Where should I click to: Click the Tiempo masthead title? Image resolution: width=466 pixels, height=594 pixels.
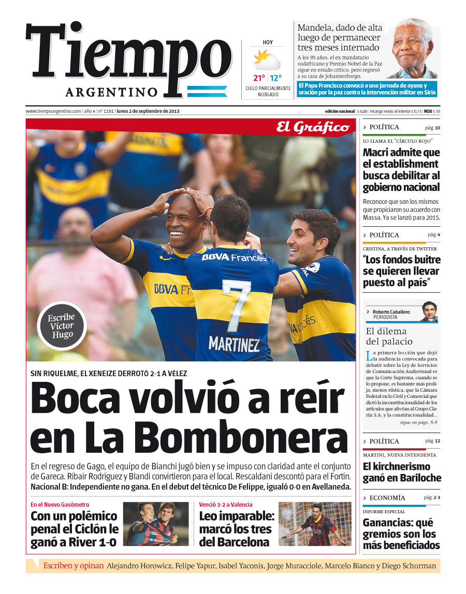coord(128,54)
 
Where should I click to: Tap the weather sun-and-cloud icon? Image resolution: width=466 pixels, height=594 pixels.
coord(267,60)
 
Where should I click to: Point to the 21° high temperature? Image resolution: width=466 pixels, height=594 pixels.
coord(259,78)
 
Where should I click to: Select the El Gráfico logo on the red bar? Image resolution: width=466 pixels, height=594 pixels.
coord(312,127)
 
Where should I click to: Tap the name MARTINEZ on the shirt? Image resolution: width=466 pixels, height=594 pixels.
coord(234,344)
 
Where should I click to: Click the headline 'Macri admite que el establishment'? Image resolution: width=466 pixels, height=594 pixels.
coord(401,158)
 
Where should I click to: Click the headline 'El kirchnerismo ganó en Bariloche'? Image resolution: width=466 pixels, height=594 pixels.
coord(402,472)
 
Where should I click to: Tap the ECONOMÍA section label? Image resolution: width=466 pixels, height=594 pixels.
coord(387,498)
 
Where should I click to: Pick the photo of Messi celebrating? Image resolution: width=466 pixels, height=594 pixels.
coord(314,524)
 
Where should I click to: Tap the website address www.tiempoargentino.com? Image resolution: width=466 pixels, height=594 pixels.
coord(53,111)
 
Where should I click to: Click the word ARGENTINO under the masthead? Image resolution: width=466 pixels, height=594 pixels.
coord(112,92)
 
